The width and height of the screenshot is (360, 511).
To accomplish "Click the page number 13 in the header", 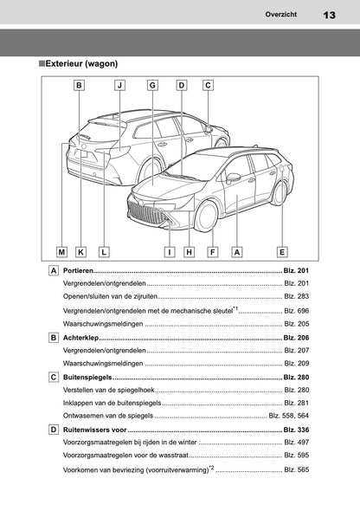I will [330, 15].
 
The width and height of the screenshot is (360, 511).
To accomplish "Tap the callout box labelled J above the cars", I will [120, 85].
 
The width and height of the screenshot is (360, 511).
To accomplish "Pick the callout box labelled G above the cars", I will [152, 85].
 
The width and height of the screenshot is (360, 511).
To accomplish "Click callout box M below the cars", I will [61, 251].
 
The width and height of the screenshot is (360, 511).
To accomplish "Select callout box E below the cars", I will [282, 251].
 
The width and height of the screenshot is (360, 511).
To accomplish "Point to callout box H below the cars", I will [189, 251].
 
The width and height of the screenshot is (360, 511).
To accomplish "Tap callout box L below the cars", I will [103, 251].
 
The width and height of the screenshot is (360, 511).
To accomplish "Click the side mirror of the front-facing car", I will [233, 178].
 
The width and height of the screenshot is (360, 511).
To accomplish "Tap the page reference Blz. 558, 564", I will [288, 416].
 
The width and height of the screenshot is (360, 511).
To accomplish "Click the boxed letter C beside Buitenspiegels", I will [55, 378].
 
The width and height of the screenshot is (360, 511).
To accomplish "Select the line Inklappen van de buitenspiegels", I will [112, 403].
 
